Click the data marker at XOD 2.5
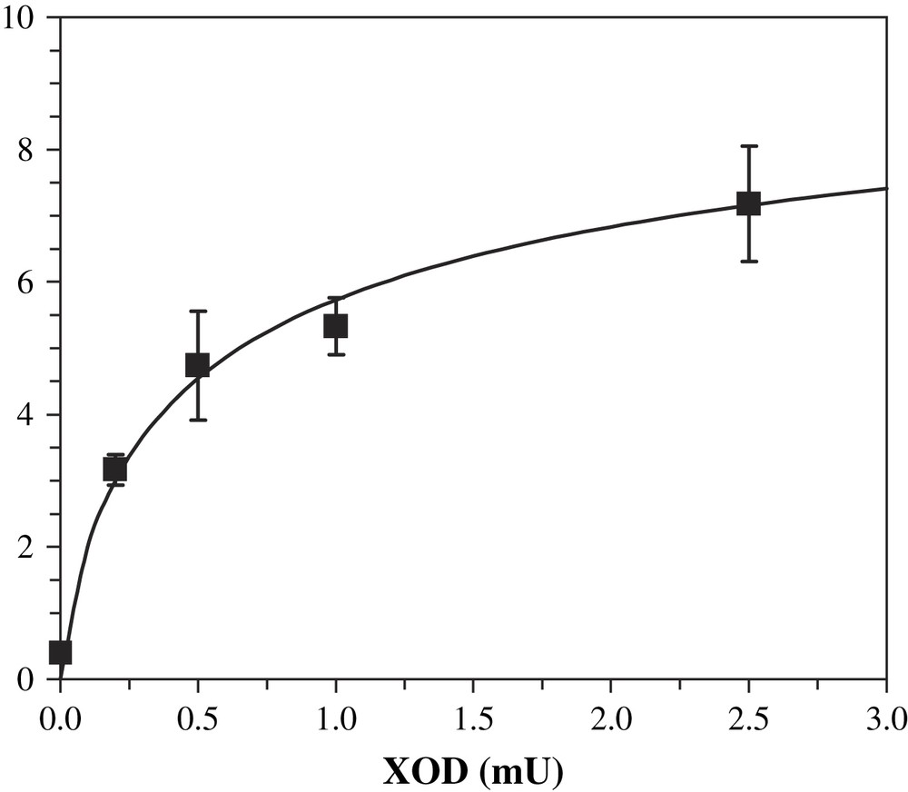tap(748, 203)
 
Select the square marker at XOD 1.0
tap(336, 326)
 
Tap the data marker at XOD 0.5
tap(197, 365)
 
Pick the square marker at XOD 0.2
tap(115, 470)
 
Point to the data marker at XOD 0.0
tap(60, 652)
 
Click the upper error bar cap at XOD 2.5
tap(748, 145)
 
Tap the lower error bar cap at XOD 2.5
tap(748, 261)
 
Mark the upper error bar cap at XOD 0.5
tap(197, 311)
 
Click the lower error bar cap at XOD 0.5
tap(197, 420)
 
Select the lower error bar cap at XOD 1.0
tap(336, 354)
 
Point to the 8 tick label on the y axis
tap(26, 150)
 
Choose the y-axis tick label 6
tap(26, 282)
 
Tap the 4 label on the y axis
tap(26, 415)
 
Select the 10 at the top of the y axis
tap(20, 17)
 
